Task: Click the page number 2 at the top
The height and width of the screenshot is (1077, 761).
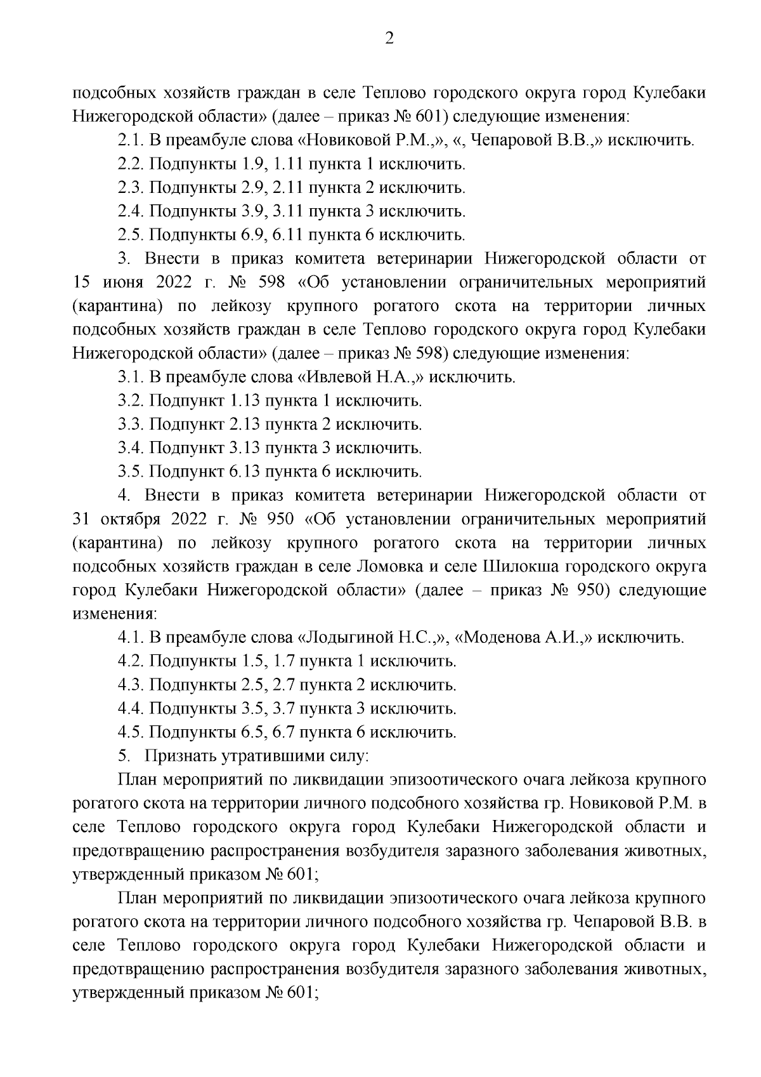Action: (x=389, y=39)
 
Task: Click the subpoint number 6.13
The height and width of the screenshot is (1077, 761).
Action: (x=243, y=472)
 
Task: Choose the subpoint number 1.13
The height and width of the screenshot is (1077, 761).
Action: (x=243, y=401)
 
